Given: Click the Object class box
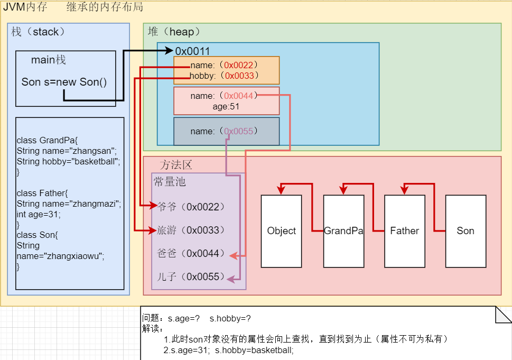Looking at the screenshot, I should [x=281, y=231].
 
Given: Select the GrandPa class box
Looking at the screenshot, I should [x=343, y=231].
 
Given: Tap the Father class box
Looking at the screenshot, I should [x=404, y=231].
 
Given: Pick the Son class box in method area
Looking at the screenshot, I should [x=466, y=231].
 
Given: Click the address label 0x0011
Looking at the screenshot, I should [x=193, y=51].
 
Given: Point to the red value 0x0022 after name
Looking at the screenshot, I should [x=240, y=65].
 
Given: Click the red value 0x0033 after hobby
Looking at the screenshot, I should [x=240, y=76].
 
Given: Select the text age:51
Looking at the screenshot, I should [x=226, y=106].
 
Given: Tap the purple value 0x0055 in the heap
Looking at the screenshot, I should [x=240, y=131].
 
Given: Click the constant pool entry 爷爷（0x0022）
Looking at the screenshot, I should [x=191, y=207].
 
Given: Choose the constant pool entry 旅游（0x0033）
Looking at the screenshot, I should [x=191, y=230].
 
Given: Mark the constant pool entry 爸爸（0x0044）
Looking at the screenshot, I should [x=191, y=254].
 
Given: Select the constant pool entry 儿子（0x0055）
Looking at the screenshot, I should [x=191, y=277].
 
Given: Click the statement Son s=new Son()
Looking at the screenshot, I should [x=64, y=82].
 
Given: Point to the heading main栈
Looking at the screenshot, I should [x=49, y=60].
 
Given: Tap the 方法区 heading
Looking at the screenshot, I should [x=176, y=165].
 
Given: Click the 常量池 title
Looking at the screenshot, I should [x=170, y=182].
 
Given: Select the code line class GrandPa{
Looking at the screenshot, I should [x=47, y=140].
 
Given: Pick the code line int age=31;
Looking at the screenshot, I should [x=39, y=214].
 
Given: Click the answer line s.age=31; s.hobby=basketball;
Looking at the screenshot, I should [x=228, y=350].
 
